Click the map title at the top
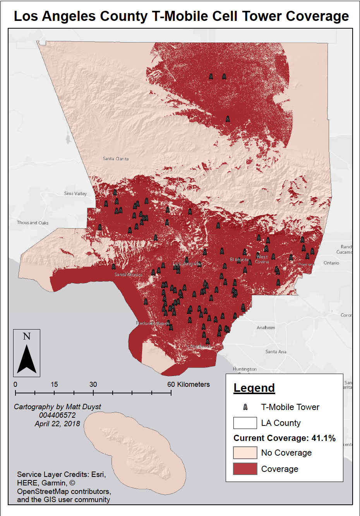[x=181, y=16]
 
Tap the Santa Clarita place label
[x=116, y=159]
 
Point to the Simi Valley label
[x=75, y=193]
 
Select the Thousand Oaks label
[x=33, y=223]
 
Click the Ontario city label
[x=331, y=263]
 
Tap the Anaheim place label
[x=266, y=328]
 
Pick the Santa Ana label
[x=276, y=352]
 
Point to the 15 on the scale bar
[x=54, y=384]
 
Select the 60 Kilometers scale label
[x=189, y=384]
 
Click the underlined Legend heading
[x=254, y=388]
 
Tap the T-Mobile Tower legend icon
[x=245, y=407]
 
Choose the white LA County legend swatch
[x=245, y=423]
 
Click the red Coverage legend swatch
[x=245, y=469]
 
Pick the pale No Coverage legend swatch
[x=245, y=453]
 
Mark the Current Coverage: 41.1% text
[x=285, y=438]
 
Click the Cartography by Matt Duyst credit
[x=57, y=407]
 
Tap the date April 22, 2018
[x=57, y=424]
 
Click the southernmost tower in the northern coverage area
[x=228, y=119]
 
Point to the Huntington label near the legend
[x=245, y=369]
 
